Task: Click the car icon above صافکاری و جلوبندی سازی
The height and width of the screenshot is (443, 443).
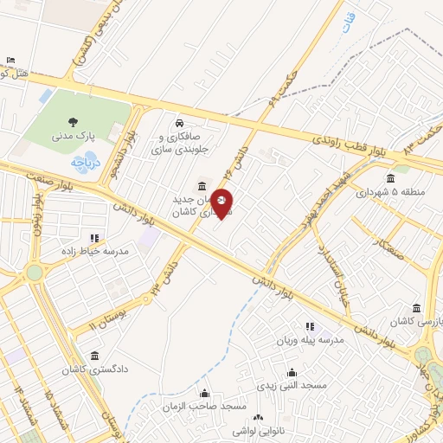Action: click(x=179, y=122)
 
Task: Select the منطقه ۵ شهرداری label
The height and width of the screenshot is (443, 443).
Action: click(x=389, y=191)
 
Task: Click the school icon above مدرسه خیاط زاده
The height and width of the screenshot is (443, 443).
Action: click(x=94, y=237)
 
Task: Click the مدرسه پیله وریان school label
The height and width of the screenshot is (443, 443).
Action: click(x=309, y=340)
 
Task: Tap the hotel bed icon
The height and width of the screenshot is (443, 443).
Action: click(x=10, y=60)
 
